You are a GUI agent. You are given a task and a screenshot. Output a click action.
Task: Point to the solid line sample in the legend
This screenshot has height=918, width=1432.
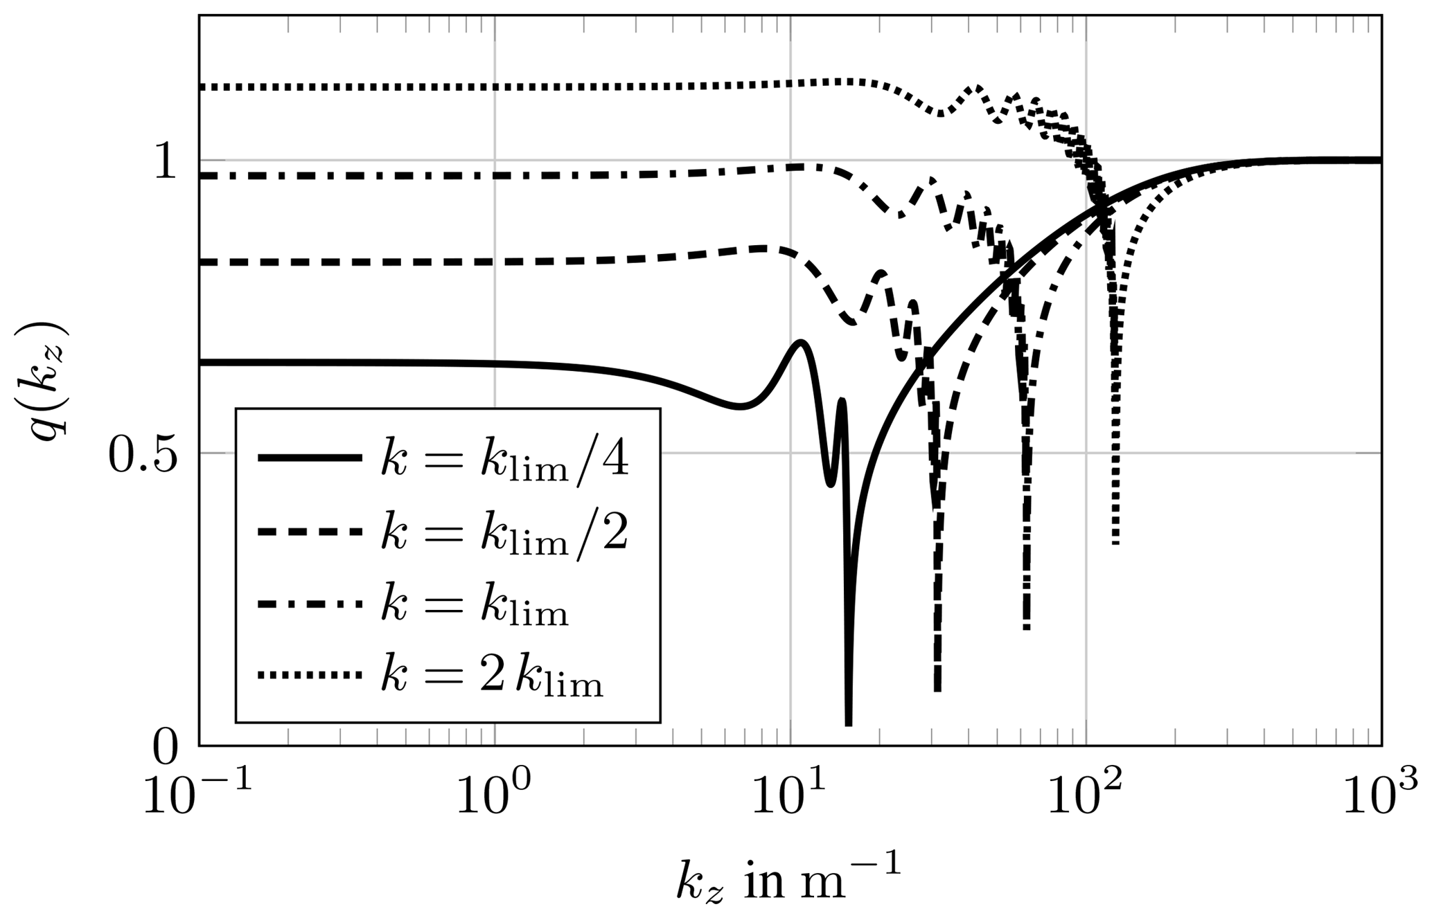point(310,458)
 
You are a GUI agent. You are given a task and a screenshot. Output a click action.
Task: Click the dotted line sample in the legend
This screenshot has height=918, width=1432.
point(310,675)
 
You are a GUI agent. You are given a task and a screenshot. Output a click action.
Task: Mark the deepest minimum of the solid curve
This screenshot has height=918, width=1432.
point(849,723)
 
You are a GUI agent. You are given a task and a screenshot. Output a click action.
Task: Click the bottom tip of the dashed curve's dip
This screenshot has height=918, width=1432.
point(937,688)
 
